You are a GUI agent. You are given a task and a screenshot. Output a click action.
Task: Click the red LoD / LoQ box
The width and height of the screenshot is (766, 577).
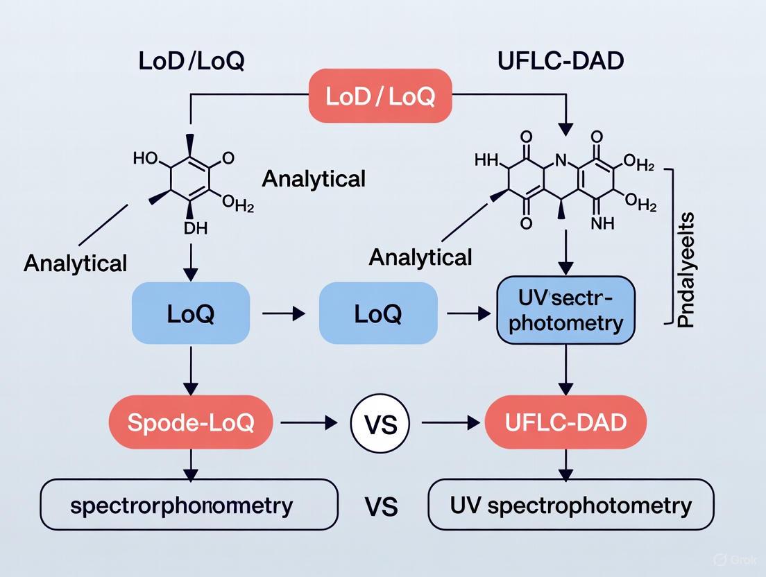pyautogui.click(x=380, y=96)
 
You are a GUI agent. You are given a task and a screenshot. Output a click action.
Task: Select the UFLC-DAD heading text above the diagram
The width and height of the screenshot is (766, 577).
pyautogui.click(x=561, y=60)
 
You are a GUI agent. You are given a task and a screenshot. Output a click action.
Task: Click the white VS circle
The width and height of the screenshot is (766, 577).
pyautogui.click(x=380, y=422)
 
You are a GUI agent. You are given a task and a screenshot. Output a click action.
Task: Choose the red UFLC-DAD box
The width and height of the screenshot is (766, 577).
pyautogui.click(x=565, y=422)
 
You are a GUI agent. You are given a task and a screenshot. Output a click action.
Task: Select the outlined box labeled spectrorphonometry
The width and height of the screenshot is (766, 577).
pyautogui.click(x=190, y=504)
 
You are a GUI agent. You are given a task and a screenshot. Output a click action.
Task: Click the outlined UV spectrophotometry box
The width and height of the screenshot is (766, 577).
pyautogui.click(x=570, y=504)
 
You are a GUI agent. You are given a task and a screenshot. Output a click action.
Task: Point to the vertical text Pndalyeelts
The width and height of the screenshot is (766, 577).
pyautogui.click(x=686, y=270)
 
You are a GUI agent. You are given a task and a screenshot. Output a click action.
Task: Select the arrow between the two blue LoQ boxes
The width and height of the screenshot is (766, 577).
pyautogui.click(x=284, y=314)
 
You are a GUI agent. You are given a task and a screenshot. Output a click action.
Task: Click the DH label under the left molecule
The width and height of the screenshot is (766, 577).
pyautogui.click(x=195, y=228)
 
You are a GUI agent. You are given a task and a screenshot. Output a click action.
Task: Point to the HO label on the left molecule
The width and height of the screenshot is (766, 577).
pyautogui.click(x=145, y=158)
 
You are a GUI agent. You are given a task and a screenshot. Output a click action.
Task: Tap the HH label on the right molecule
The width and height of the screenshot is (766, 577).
pyautogui.click(x=486, y=160)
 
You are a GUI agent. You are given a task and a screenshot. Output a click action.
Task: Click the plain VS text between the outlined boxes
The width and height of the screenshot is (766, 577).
pyautogui.click(x=381, y=506)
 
